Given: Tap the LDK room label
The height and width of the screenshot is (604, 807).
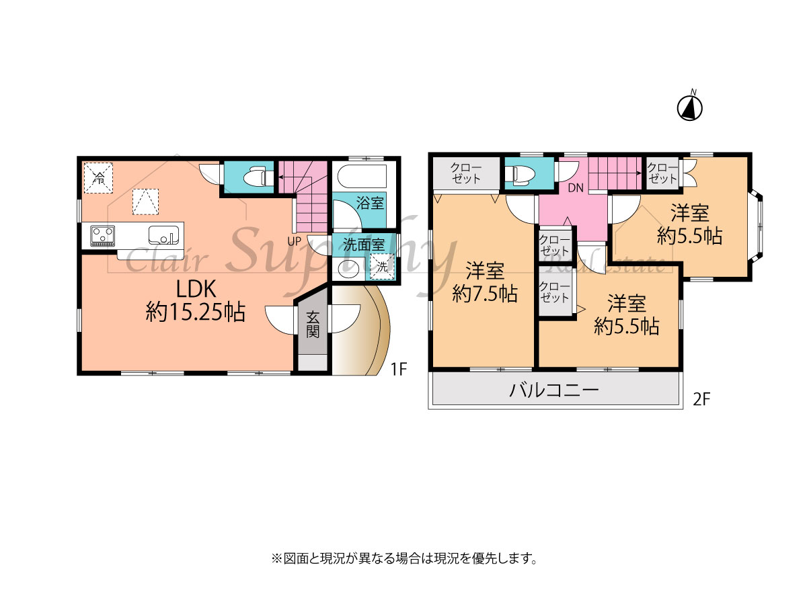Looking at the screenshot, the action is pyautogui.click(x=196, y=289).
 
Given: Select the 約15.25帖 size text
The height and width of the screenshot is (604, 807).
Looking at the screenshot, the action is pyautogui.click(x=196, y=312).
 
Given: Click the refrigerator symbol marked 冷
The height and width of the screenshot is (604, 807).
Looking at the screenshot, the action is pyautogui.click(x=99, y=178).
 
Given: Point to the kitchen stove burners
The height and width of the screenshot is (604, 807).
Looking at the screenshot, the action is pyautogui.click(x=103, y=236).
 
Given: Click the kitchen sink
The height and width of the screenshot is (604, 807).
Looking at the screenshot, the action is pyautogui.click(x=163, y=235).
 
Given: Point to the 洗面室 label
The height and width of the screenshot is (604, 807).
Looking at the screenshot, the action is pyautogui.click(x=364, y=245).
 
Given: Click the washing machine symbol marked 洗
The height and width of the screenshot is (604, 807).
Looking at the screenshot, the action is pyautogui.click(x=382, y=267).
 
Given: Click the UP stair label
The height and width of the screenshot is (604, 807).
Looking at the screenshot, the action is pyautogui.click(x=294, y=241).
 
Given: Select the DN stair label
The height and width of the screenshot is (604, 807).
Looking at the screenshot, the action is pyautogui.click(x=576, y=188).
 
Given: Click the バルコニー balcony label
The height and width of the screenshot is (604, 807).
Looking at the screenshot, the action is pyautogui.click(x=554, y=390).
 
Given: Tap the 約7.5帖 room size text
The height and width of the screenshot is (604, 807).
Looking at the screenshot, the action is pyautogui.click(x=485, y=294).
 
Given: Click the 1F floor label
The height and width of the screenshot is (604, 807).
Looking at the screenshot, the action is pyautogui.click(x=399, y=369).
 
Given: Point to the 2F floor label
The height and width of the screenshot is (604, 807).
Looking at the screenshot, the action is pyautogui.click(x=701, y=400).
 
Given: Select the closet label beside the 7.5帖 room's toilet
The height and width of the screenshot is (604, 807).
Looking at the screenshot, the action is pyautogui.click(x=466, y=173).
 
